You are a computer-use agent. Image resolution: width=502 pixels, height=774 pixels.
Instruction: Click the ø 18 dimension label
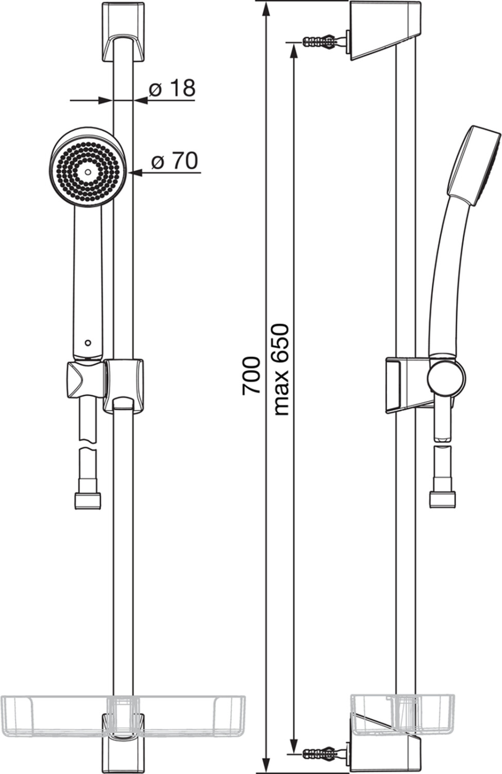point(172,88)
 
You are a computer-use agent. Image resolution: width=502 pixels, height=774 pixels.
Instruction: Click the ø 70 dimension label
point(175,160)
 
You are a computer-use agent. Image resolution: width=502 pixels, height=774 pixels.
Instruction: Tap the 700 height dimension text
point(251,376)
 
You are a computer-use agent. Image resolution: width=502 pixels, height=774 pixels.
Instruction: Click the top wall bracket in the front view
point(123,33)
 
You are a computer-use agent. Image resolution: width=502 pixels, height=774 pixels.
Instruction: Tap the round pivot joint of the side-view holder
point(446,378)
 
